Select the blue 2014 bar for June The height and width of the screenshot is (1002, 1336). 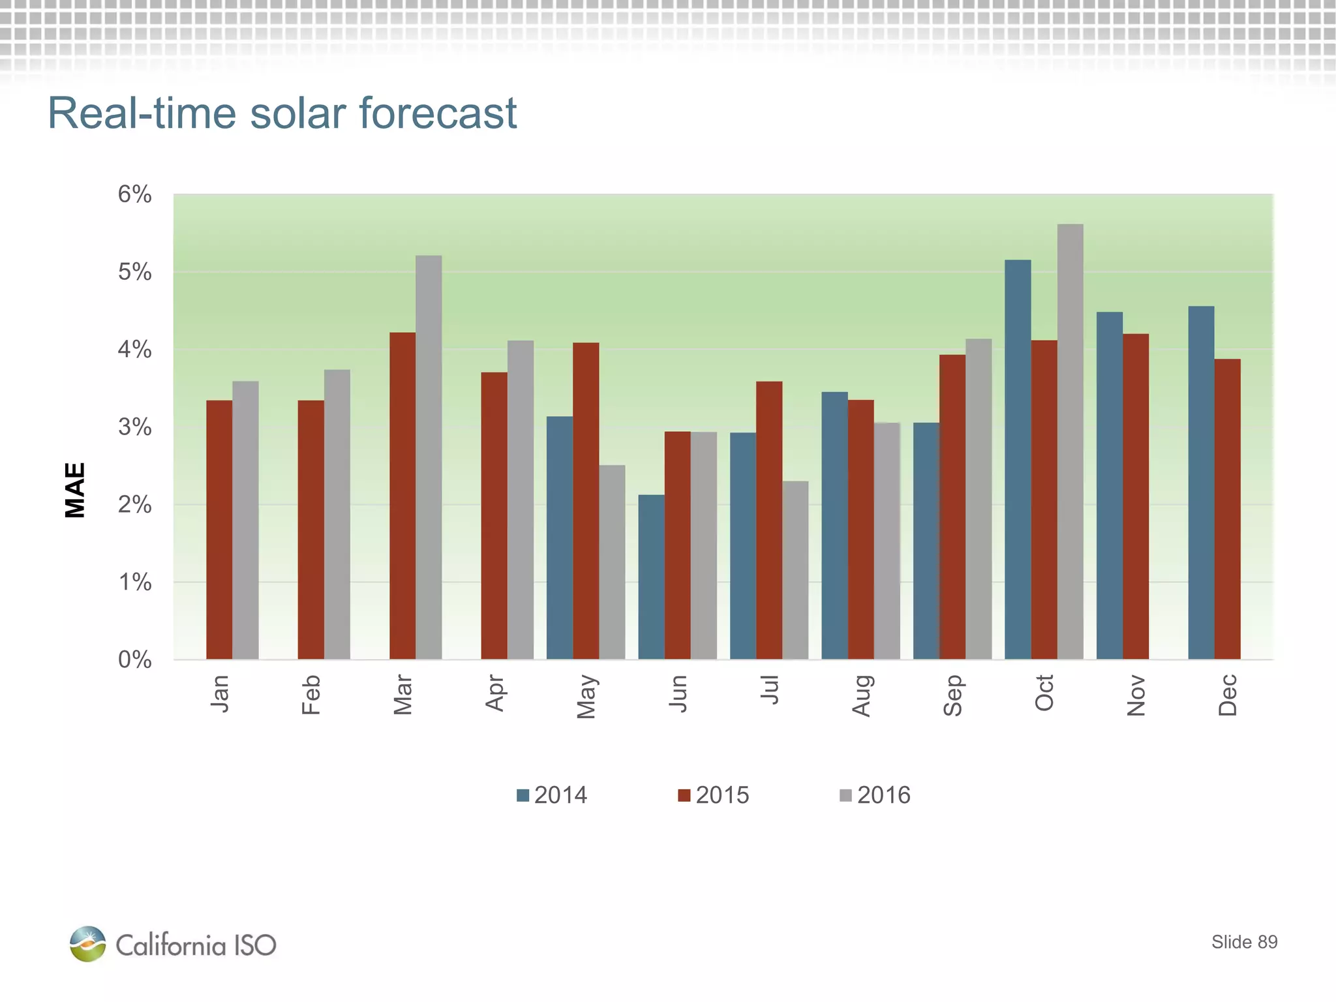(651, 577)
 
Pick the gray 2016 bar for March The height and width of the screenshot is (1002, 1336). (429, 457)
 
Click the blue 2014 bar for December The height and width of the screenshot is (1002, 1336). (1201, 483)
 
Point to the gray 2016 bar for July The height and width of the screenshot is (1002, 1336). (795, 570)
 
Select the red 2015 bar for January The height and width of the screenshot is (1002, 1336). (219, 529)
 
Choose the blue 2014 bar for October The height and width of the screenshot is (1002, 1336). (1018, 459)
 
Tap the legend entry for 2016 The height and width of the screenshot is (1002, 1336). (875, 795)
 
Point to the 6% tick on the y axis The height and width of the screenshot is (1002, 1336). (135, 194)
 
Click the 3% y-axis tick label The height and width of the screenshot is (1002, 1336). (135, 427)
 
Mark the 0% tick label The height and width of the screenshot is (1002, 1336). (135, 660)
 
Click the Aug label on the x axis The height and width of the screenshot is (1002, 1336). (861, 696)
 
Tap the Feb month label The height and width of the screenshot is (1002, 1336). (311, 695)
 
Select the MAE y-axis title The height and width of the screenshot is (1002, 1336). (76, 490)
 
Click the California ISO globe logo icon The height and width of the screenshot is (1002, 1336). (87, 943)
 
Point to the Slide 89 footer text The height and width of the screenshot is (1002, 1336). (1244, 942)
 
